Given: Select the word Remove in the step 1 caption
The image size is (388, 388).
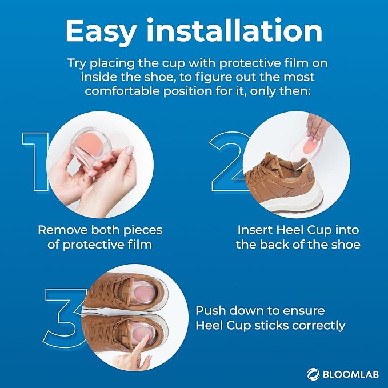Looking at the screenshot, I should tap(59, 230).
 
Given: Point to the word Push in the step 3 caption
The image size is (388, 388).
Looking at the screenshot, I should tap(210, 311).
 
